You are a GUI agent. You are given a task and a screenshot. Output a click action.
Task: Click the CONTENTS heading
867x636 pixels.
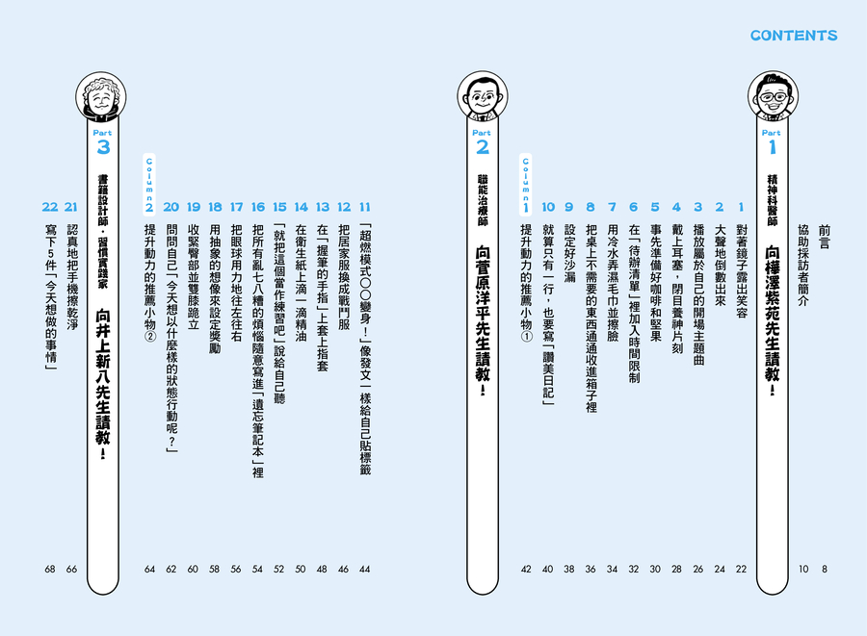(794, 36)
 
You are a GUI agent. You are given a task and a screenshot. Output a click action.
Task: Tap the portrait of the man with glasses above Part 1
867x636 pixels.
(772, 96)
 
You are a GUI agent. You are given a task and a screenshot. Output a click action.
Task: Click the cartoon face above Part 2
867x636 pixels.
(483, 96)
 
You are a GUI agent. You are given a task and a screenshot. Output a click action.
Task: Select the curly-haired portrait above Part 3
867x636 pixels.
(100, 97)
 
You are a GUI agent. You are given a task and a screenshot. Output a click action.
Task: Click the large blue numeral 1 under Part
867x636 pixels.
(772, 147)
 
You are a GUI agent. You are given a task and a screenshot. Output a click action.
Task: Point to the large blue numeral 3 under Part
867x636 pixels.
(103, 147)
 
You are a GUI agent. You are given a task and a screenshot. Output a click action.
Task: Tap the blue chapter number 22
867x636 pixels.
(50, 207)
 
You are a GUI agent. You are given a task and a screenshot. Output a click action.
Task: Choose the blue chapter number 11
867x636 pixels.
(364, 207)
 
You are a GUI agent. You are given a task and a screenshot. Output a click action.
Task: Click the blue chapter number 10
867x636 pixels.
(547, 207)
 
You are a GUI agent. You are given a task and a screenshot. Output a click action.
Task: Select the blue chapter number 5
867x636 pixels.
(655, 207)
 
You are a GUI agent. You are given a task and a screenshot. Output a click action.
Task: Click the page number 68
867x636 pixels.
(50, 569)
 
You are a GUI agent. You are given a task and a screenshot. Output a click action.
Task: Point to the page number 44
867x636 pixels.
(364, 569)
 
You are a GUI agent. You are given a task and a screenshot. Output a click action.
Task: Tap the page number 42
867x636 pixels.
(526, 569)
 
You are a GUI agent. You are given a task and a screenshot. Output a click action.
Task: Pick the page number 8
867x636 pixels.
(825, 569)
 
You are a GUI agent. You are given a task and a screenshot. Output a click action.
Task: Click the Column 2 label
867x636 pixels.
(149, 184)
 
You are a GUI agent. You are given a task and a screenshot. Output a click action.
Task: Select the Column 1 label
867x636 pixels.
(526, 184)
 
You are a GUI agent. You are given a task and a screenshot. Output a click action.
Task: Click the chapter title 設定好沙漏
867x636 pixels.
(569, 253)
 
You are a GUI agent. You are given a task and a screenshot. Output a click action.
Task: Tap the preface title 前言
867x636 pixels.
(825, 237)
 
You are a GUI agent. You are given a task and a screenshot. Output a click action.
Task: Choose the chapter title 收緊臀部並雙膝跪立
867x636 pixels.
(193, 277)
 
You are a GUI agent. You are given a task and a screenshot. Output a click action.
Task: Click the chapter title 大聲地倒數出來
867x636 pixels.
(720, 265)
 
